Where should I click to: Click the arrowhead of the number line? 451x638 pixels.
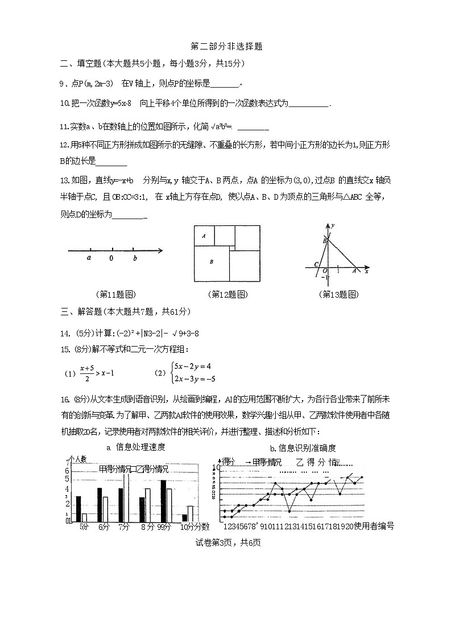click(161, 250)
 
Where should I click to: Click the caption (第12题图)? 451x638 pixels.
click(228, 294)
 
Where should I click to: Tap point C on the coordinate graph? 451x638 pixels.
click(316, 265)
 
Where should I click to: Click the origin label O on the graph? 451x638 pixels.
click(324, 271)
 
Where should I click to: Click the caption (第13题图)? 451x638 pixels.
click(339, 294)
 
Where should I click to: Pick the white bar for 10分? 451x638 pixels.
click(191, 513)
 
